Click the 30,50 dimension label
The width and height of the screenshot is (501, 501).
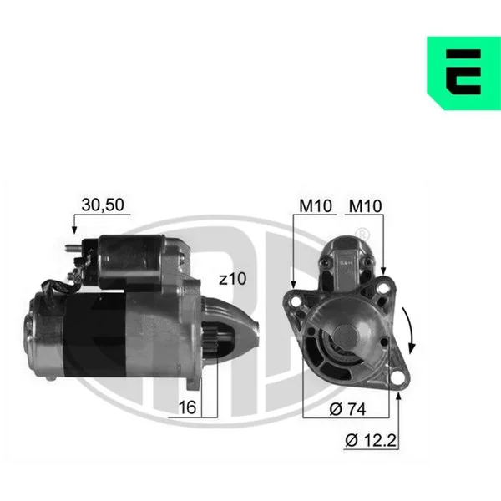coord(103,205)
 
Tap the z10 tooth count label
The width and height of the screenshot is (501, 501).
coord(233,279)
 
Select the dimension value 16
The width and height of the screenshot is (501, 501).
coord(187,407)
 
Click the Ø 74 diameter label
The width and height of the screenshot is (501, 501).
coord(347,409)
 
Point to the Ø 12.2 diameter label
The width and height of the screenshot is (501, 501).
coord(371,440)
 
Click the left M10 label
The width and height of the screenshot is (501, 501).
coord(316,206)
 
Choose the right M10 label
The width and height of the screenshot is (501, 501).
coord(365,206)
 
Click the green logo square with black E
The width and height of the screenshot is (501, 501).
coord(463,73)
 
